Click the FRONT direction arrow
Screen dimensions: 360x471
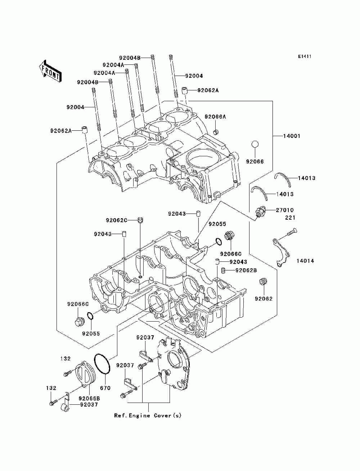(x=50, y=71)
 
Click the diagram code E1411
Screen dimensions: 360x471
(x=305, y=57)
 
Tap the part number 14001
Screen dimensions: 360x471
(x=292, y=136)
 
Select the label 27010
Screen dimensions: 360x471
(x=285, y=210)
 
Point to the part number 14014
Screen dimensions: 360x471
(x=305, y=261)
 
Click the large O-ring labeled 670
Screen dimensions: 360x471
(x=102, y=364)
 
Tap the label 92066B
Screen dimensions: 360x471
(x=89, y=399)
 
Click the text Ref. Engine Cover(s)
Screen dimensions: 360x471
(x=148, y=422)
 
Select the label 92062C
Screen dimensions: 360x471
(x=117, y=220)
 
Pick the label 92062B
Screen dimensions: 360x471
(x=246, y=270)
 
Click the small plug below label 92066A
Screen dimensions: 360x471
(x=216, y=132)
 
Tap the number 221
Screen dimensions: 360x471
(x=290, y=217)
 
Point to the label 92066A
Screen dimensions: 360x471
(x=215, y=117)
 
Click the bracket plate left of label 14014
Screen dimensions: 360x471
(x=281, y=253)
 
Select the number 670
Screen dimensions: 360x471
(x=105, y=388)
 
